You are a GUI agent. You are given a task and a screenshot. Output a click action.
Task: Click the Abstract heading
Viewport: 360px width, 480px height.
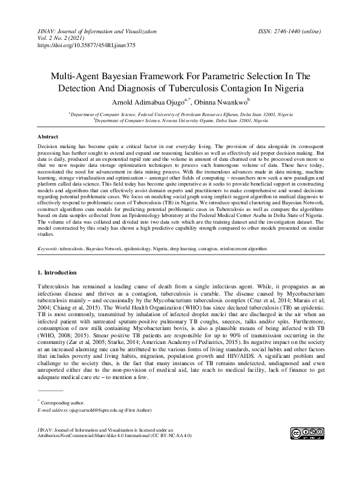[48, 137]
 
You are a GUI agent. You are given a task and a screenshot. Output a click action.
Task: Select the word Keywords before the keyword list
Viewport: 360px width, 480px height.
[47, 248]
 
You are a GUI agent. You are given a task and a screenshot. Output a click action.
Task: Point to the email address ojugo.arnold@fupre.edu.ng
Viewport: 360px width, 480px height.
[100, 392]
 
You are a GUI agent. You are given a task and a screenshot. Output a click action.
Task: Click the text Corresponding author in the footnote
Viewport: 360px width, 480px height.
[64, 384]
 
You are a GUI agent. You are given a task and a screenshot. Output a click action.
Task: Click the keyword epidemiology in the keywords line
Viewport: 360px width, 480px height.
[139, 248]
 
